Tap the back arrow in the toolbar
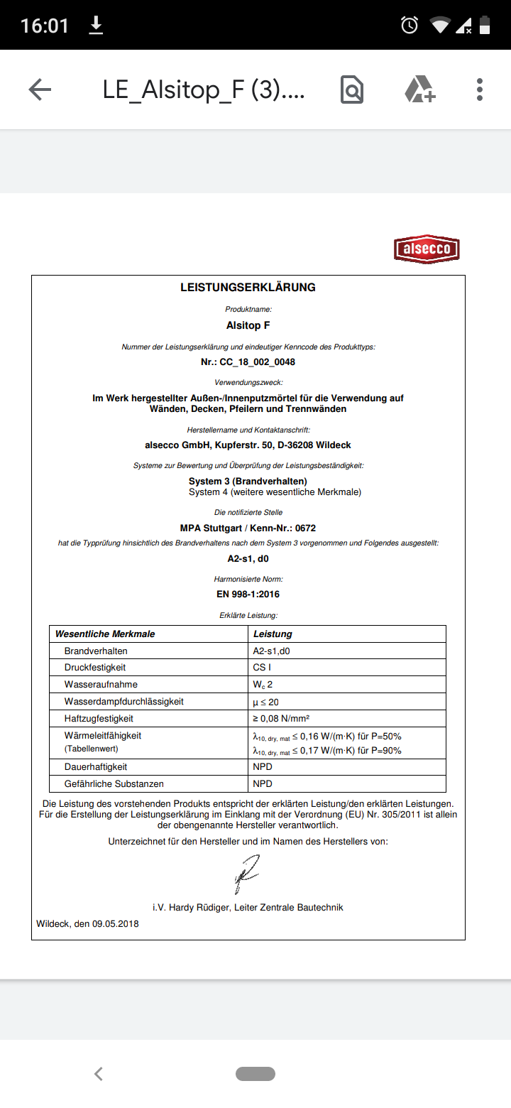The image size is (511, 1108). tap(40, 89)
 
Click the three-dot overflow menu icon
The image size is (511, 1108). tap(480, 89)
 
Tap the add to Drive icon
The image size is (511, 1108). tap(419, 89)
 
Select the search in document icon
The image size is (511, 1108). tap(352, 89)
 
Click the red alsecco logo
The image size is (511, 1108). tap(427, 249)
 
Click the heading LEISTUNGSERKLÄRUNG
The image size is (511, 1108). tap(248, 288)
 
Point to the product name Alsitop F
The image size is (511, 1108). tap(248, 326)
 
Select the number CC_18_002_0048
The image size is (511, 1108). tap(257, 362)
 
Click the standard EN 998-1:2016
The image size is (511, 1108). tap(248, 594)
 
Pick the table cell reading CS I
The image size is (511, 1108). tap(262, 668)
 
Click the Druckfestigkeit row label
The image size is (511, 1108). tap(95, 668)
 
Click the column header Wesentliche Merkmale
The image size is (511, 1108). tap(105, 634)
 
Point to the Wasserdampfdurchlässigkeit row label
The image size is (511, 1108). tap(123, 702)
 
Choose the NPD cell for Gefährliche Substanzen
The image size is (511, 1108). tap(263, 784)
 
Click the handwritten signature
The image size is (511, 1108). tap(246, 874)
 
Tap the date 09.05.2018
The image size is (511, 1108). tap(115, 924)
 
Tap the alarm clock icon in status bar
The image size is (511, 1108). tap(410, 26)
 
